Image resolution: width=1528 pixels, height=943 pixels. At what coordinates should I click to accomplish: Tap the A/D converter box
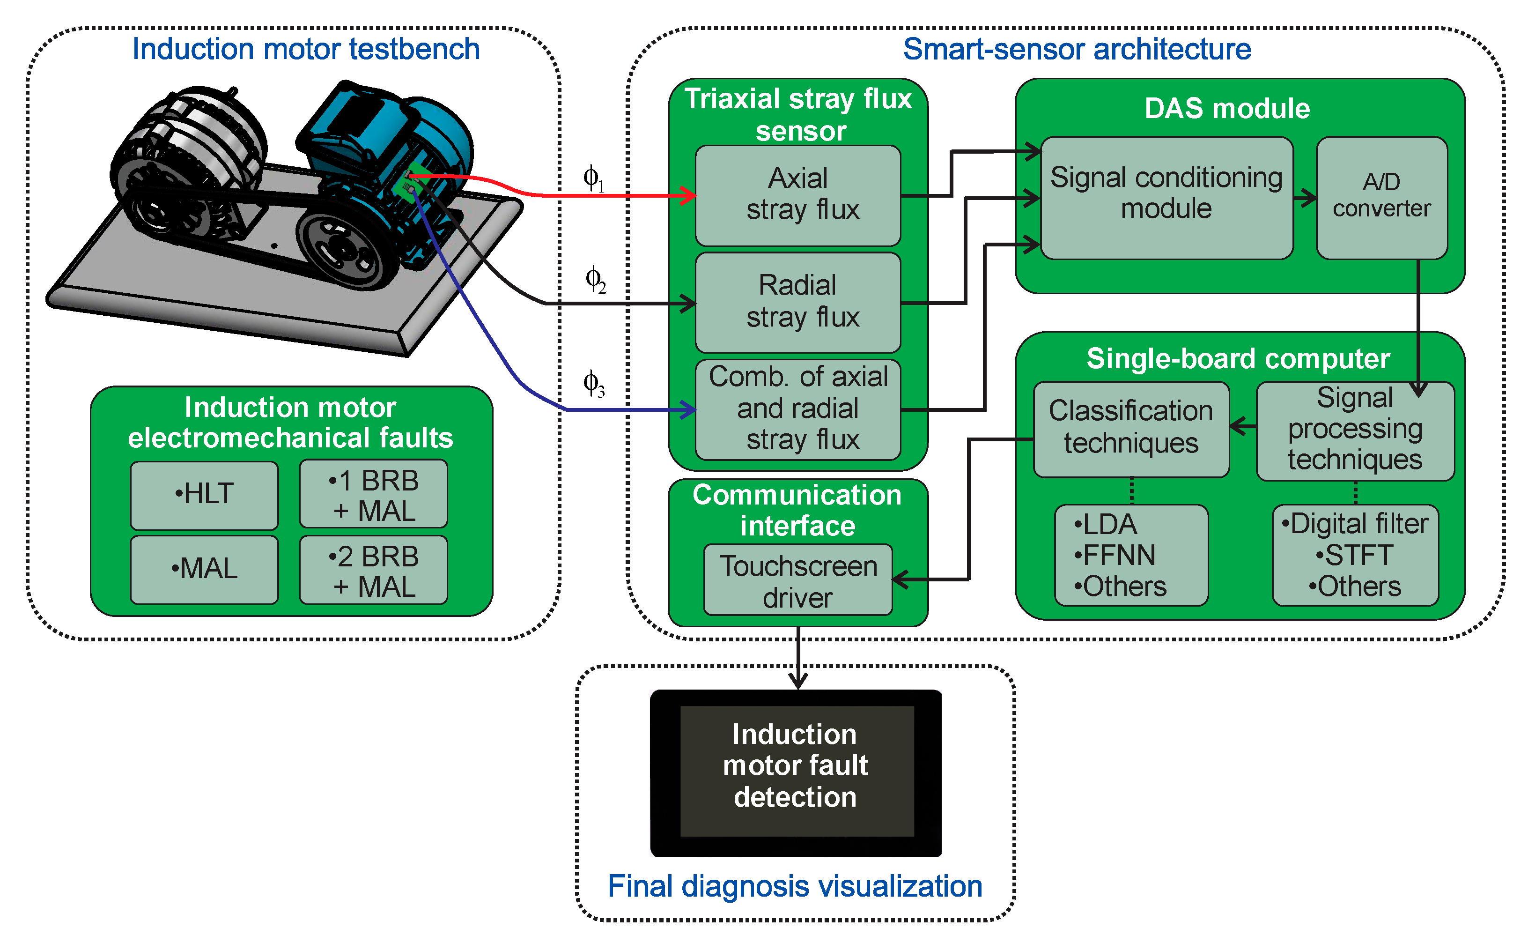pos(1381,197)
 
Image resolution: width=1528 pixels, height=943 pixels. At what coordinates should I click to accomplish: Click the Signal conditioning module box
pos(1166,197)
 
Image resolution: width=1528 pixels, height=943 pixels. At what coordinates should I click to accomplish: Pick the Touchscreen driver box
pos(798,580)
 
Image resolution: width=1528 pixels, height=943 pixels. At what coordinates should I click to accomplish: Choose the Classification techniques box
pos(1131,429)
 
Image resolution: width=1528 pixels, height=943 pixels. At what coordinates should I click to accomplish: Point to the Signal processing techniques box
pos(1355,431)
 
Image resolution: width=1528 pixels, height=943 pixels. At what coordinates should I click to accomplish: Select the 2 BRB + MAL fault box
pos(373,570)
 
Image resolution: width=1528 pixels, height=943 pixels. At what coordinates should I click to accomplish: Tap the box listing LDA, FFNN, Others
pos(1131,555)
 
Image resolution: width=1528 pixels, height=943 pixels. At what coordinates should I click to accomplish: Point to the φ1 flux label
pos(593,179)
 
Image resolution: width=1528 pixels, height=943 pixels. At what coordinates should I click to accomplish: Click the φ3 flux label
pos(593,384)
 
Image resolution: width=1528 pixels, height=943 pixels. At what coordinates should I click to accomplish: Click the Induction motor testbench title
pos(305,49)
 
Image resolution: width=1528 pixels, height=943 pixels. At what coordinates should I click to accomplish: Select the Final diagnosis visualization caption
pos(795,886)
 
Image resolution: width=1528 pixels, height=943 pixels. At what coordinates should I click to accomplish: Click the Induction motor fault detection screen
pos(796,772)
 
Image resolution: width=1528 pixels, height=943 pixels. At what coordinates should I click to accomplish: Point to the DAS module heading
pos(1227,109)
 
